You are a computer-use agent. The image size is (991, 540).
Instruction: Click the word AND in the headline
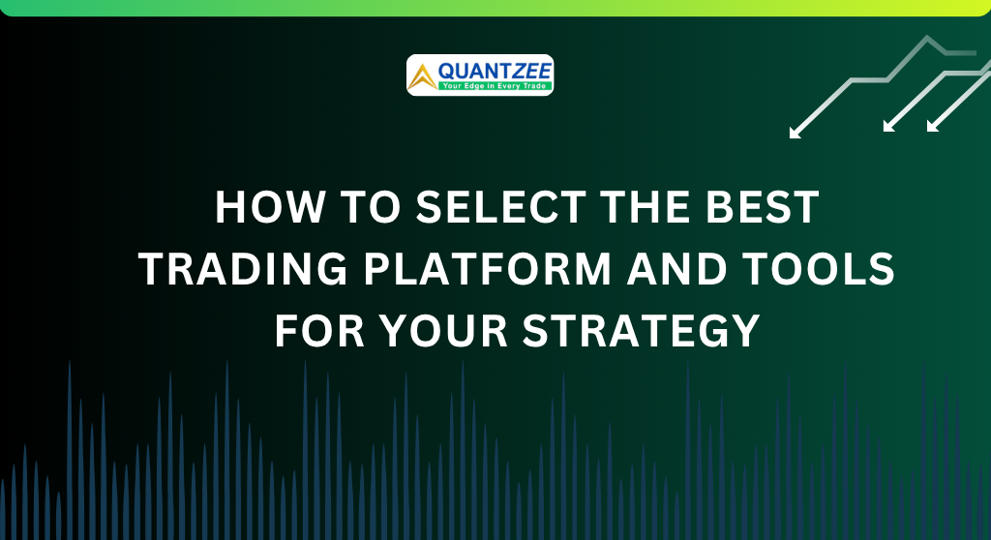684,270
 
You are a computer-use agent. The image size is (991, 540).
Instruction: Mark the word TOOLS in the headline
828,270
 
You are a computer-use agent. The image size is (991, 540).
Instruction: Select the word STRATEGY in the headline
640,331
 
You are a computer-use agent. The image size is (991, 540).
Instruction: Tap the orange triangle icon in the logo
422,76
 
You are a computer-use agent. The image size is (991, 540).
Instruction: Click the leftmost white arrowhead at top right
796,133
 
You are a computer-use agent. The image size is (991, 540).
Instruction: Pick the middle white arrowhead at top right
888,126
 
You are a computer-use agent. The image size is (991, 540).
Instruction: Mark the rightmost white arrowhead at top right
932,126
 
